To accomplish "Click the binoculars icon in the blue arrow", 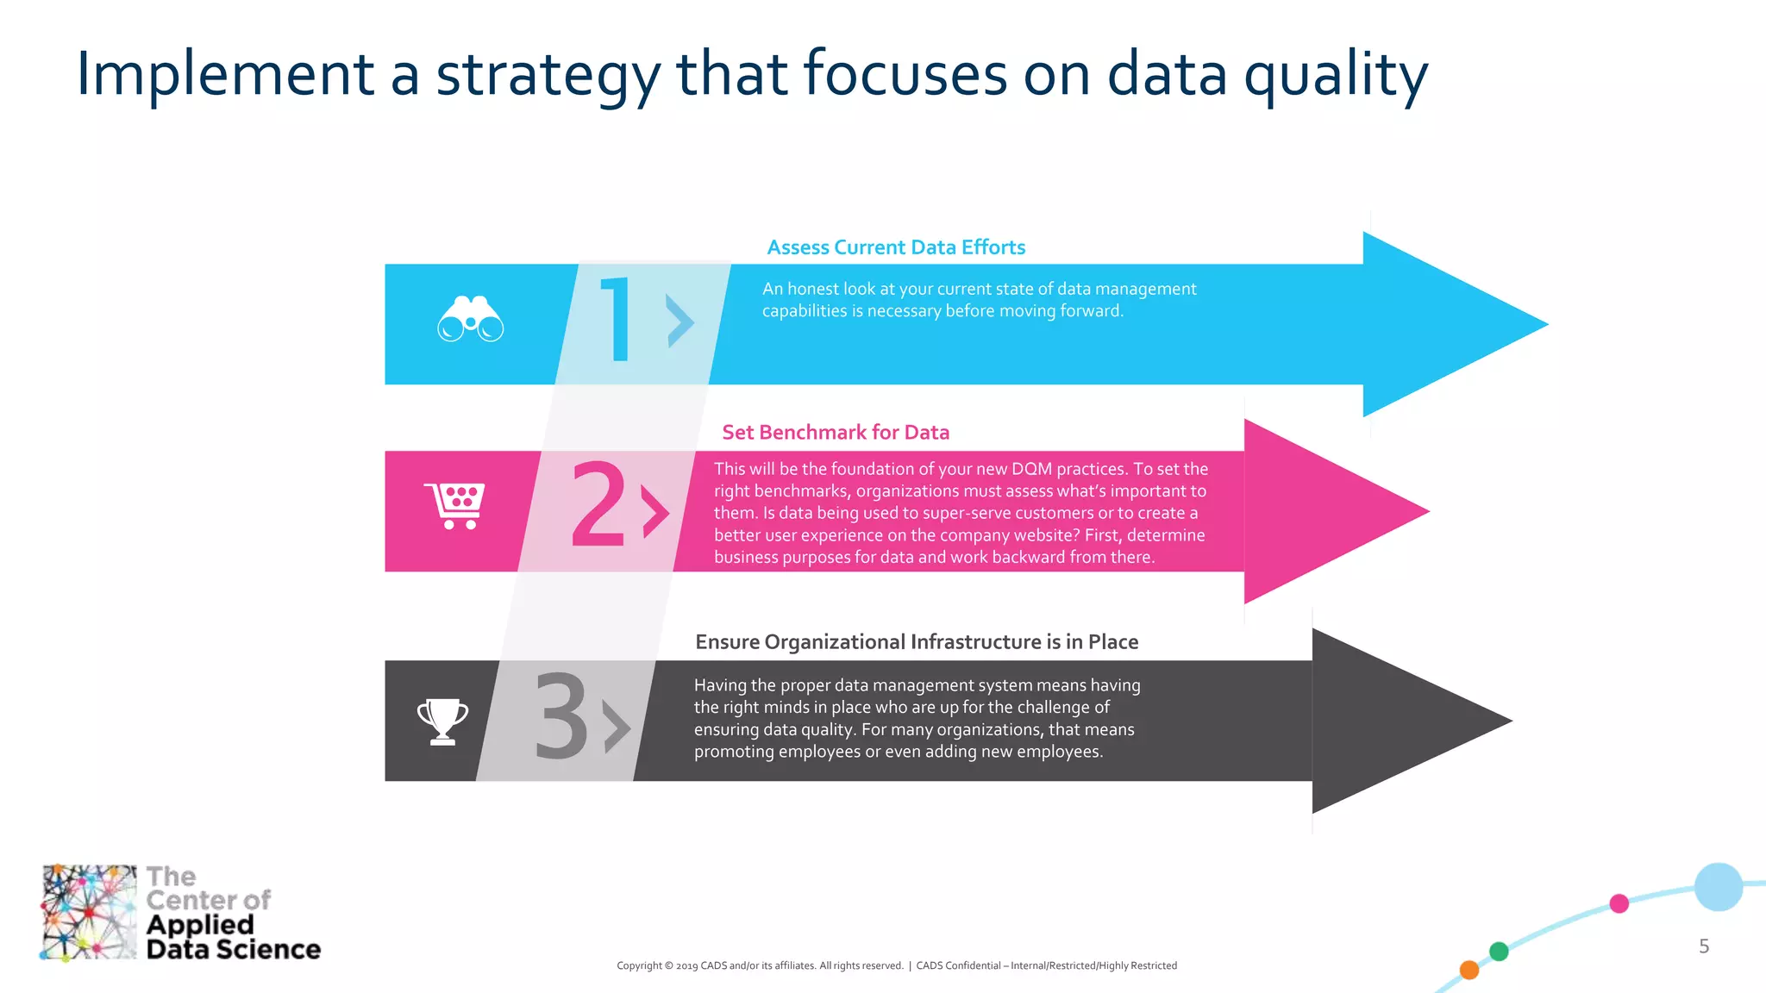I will (x=470, y=321).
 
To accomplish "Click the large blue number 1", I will (x=617, y=320).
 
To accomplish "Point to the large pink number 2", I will (x=598, y=505).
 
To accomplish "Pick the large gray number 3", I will (x=561, y=717).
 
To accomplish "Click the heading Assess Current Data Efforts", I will (x=896, y=248).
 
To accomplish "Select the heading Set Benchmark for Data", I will (x=836, y=433).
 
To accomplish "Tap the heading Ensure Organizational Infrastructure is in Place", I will (x=917, y=642).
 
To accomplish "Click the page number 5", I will (x=1704, y=946).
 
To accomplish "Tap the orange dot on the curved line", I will (x=1469, y=970).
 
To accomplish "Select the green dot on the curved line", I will (x=1499, y=951).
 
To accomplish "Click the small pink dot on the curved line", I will (x=1619, y=903).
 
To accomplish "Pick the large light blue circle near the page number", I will (x=1718, y=887).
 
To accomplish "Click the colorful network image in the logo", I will (x=89, y=912).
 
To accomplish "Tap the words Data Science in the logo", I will (x=233, y=950).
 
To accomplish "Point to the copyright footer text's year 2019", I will (x=686, y=966).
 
